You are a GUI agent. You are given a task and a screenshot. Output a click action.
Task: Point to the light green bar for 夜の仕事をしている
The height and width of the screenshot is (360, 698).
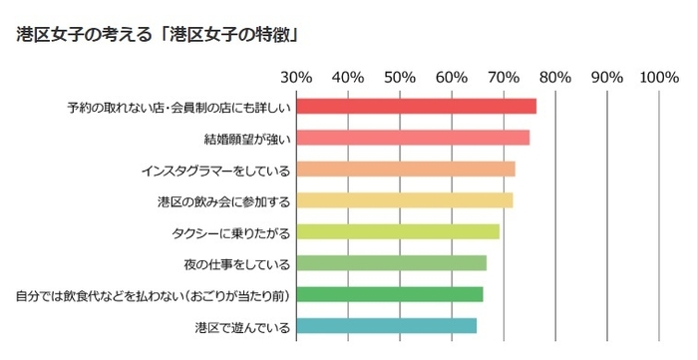click(392, 263)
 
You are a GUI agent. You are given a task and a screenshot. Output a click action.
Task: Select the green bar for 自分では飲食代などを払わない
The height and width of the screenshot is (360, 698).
click(390, 295)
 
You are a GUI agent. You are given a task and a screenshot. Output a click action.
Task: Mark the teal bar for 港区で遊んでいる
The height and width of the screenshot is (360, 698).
click(387, 326)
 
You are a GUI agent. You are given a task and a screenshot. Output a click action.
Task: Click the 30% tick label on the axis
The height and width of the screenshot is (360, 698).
click(296, 77)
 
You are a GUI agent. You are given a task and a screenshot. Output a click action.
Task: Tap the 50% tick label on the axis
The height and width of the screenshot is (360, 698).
click(400, 77)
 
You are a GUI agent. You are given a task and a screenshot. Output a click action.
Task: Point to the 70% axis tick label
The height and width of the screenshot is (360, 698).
click(504, 77)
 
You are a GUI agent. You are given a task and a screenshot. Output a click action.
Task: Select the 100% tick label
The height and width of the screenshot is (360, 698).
click(660, 77)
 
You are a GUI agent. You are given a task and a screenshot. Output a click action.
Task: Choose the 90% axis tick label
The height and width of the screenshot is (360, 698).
click(607, 77)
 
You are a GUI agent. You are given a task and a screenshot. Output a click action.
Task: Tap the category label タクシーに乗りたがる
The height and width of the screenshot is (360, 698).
click(230, 232)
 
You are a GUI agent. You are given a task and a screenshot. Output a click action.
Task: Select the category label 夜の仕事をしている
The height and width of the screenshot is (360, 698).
click(236, 264)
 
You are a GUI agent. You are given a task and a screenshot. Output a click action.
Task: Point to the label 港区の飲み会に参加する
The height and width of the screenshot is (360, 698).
click(223, 201)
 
